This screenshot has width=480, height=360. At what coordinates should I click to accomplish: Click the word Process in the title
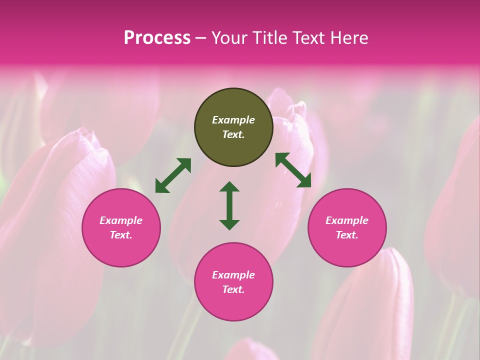pos(157,38)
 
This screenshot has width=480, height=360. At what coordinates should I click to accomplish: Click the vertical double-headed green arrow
pos(229,205)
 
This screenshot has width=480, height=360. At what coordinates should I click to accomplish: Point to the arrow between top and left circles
pos(173,175)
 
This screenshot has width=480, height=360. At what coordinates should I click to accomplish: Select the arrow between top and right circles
pos(293,170)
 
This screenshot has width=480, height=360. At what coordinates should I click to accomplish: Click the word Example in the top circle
pos(233,120)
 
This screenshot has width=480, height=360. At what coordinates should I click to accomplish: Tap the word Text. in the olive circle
pos(233,134)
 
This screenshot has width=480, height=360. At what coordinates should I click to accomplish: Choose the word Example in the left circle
pos(121,220)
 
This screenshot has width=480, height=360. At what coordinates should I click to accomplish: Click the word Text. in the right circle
pos(347,235)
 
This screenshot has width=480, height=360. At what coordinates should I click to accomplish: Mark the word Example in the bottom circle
pos(233,275)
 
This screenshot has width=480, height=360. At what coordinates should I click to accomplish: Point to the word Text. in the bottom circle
pos(233,289)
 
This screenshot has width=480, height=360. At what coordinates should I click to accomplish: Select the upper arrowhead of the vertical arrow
pos(229,187)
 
